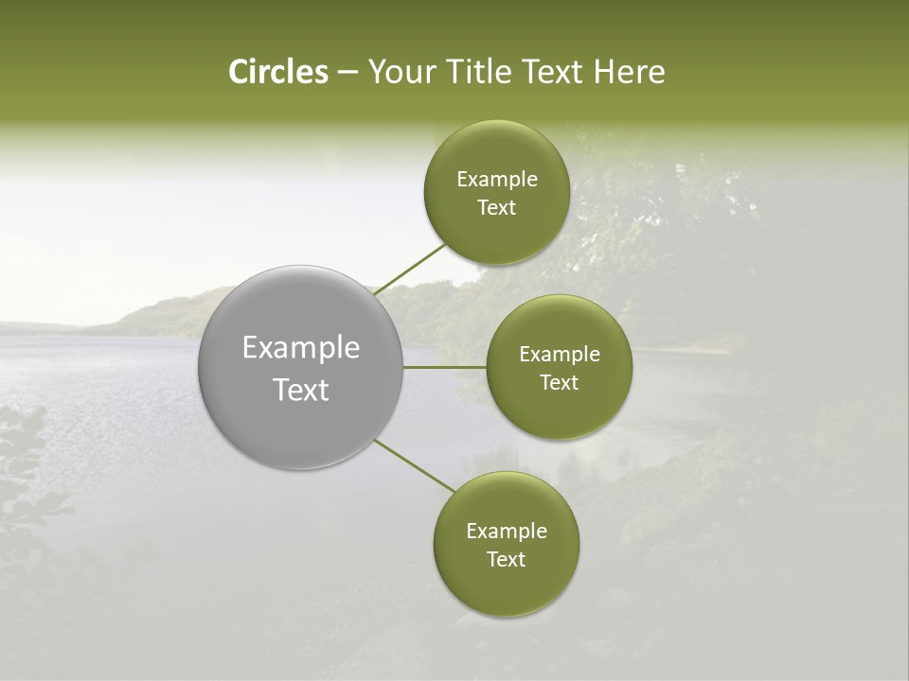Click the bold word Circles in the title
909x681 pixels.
(x=277, y=72)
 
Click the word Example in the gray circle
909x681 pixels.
(x=301, y=348)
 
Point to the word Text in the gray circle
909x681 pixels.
(x=301, y=390)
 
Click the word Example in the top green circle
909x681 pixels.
(x=496, y=180)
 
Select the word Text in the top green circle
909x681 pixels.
(x=496, y=208)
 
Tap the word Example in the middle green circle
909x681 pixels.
(x=559, y=355)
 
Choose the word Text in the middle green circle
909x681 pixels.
(x=559, y=383)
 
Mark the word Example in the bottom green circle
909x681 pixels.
(x=506, y=532)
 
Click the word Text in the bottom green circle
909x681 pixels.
(x=506, y=560)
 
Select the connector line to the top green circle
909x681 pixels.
(x=409, y=269)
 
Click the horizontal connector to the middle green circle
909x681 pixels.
(x=444, y=367)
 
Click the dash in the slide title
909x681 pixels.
(x=347, y=73)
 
